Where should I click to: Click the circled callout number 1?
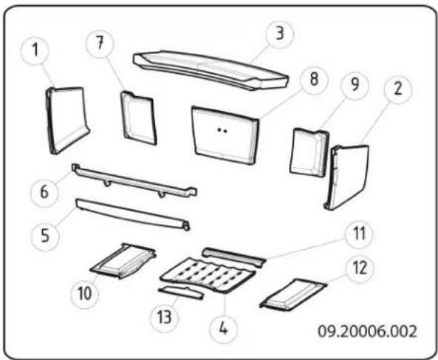tap(35, 50)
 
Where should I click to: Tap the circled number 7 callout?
tap(100, 44)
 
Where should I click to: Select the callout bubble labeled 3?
tap(280, 34)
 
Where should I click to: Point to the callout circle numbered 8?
tap(314, 79)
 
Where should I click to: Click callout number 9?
tap(355, 85)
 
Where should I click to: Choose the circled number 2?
tap(398, 89)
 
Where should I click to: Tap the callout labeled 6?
tap(44, 192)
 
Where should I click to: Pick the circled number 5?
tap(45, 236)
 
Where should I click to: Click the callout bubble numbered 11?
tap(359, 234)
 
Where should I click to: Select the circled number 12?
tap(360, 268)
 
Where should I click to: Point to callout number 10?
tap(84, 294)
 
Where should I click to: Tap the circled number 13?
tap(164, 318)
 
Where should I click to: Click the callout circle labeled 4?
tap(223, 329)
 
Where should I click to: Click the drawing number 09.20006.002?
tap(367, 331)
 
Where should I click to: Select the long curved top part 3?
tap(211, 70)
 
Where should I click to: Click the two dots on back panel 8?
tap(222, 130)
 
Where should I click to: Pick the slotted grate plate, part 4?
tap(208, 275)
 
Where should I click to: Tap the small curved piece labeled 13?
tap(181, 293)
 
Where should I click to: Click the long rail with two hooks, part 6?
tap(134, 180)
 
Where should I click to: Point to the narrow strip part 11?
tap(234, 257)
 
